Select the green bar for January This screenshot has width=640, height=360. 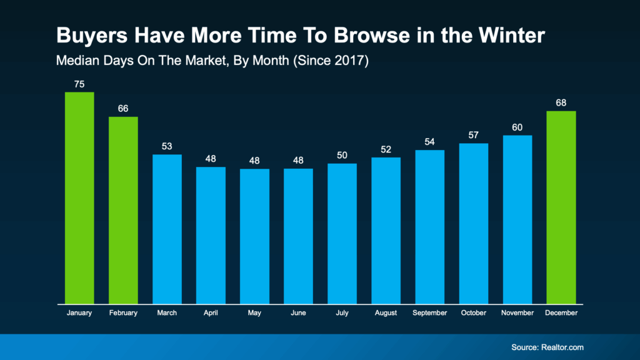(x=79, y=197)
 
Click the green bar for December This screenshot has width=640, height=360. (x=561, y=207)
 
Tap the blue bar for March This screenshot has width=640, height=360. (x=167, y=229)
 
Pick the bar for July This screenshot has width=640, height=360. (x=342, y=233)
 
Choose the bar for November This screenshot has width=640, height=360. (x=517, y=219)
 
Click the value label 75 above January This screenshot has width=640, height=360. (x=79, y=84)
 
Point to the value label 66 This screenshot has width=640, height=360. (x=123, y=109)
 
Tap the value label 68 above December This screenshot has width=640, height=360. (x=561, y=102)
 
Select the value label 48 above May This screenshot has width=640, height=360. (x=254, y=160)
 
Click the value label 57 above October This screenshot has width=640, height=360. (x=473, y=135)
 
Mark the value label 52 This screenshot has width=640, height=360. (x=386, y=149)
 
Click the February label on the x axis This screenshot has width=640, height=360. (x=123, y=312)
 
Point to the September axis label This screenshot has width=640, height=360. (x=429, y=312)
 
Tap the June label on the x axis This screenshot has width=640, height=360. (x=298, y=312)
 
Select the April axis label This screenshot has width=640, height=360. (x=211, y=312)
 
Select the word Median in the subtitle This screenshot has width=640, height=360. (x=74, y=62)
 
